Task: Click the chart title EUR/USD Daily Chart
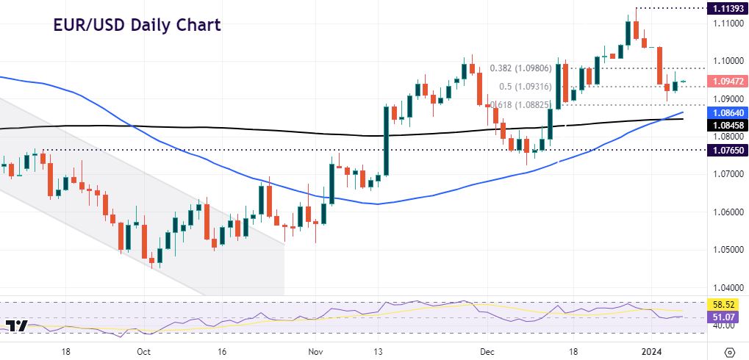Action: click(x=137, y=25)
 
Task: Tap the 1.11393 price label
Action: click(x=725, y=8)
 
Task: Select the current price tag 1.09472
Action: click(x=725, y=82)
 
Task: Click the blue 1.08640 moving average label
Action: click(x=725, y=112)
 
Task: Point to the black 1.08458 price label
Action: click(x=725, y=125)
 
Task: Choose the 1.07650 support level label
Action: click(x=725, y=150)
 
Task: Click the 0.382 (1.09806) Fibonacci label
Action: click(x=520, y=68)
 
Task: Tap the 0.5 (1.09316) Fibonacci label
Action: click(x=526, y=87)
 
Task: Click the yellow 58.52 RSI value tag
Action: click(x=725, y=303)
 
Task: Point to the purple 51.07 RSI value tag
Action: click(x=725, y=317)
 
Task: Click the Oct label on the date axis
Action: click(x=144, y=351)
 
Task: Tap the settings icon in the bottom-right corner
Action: click(x=730, y=351)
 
